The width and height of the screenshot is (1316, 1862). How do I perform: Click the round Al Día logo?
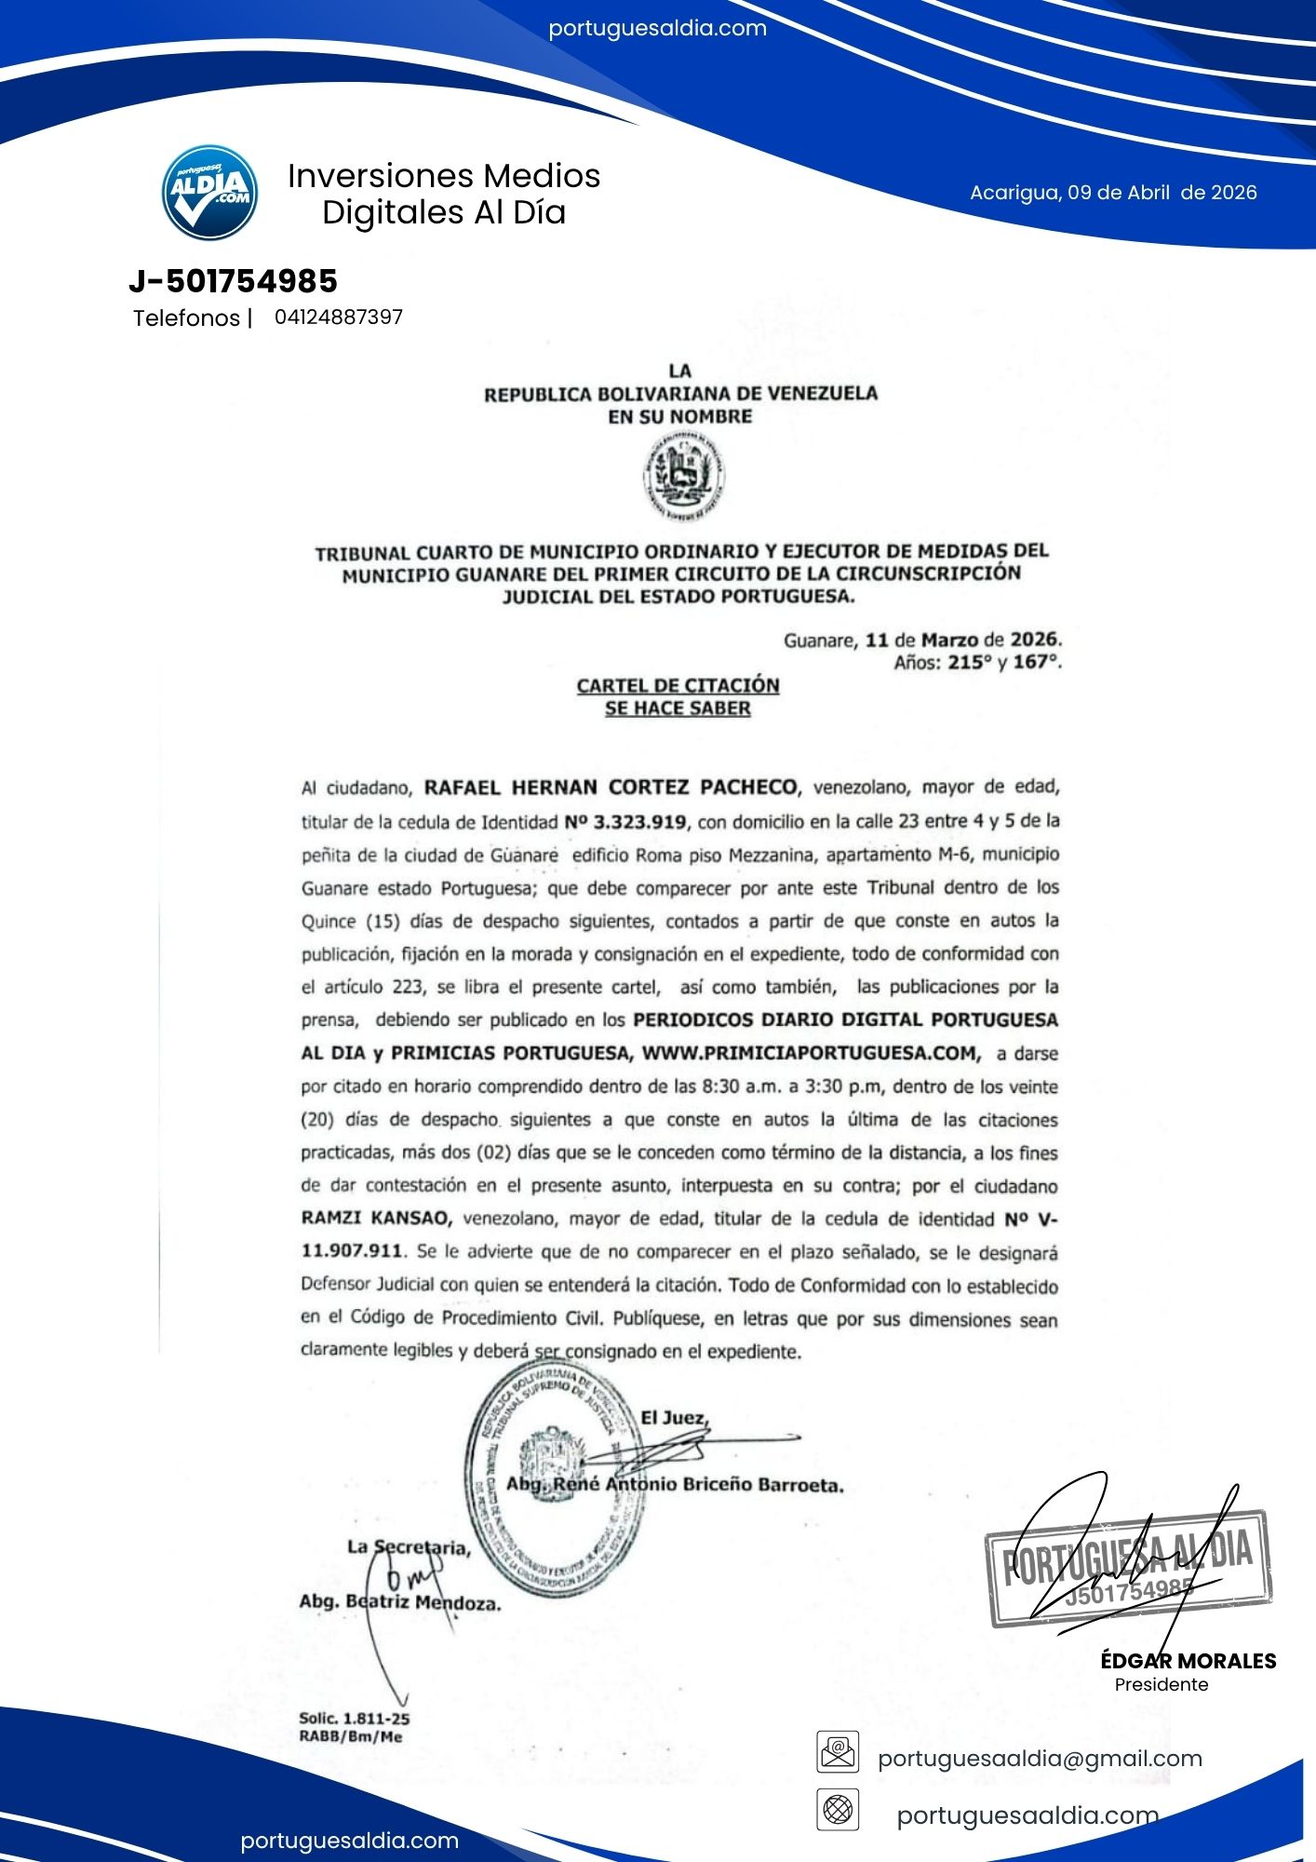tap(209, 192)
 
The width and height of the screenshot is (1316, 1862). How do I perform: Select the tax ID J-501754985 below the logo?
tap(233, 281)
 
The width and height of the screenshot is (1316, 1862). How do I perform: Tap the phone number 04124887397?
tap(338, 317)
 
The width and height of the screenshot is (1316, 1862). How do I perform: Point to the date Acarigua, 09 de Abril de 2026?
tap(1113, 193)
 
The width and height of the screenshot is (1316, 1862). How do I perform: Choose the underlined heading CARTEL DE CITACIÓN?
tap(678, 685)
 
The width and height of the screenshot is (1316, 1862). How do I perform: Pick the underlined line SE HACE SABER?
tap(678, 708)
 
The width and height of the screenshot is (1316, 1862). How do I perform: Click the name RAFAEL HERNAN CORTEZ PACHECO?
tap(611, 788)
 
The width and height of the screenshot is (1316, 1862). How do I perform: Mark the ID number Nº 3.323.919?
tap(625, 822)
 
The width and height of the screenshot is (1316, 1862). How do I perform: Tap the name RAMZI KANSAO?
tap(376, 1218)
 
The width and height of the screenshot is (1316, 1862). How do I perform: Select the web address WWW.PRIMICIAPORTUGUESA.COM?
tap(811, 1053)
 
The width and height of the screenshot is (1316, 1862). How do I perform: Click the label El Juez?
tap(674, 1418)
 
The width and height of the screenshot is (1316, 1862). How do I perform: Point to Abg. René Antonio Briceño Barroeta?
tap(675, 1484)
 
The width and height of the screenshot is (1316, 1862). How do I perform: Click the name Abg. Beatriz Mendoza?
tap(399, 1602)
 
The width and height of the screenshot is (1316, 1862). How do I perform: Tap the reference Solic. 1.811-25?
tap(354, 1719)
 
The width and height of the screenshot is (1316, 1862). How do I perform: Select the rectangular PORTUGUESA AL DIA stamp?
tap(1129, 1568)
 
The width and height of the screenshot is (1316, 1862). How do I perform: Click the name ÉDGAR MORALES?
tap(1188, 1661)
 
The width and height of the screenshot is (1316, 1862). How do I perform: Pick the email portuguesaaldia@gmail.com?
tap(1040, 1759)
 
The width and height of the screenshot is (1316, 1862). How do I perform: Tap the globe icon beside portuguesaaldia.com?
tap(838, 1811)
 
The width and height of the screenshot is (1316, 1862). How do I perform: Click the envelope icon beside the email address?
tap(838, 1752)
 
